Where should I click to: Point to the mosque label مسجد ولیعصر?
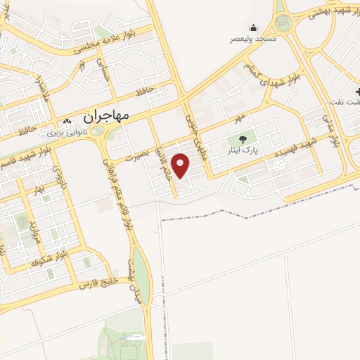tap(254, 39)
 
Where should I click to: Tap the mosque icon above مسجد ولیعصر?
tap(253, 27)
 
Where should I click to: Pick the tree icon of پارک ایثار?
tap(243, 139)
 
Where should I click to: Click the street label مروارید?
tap(34, 232)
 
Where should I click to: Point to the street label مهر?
tap(240, 114)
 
